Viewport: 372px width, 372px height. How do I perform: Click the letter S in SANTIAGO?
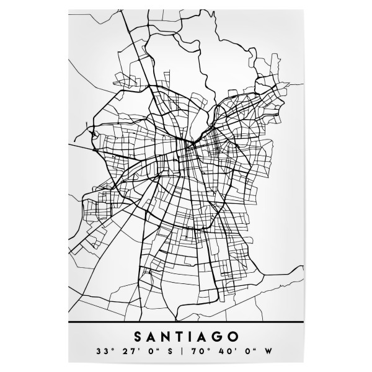(138, 337)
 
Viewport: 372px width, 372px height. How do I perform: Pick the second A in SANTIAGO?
(204, 337)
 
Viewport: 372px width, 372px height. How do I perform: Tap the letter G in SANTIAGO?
(219, 337)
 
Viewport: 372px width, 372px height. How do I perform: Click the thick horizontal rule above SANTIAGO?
(186, 324)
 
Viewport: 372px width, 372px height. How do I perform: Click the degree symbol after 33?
(110, 350)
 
